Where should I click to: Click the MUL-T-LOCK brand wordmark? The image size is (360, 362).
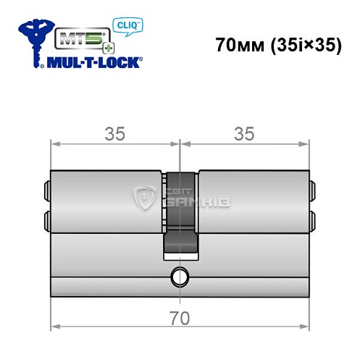[94, 62]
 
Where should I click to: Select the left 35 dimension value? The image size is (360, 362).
[114, 133]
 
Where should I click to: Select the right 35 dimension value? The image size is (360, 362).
[244, 133]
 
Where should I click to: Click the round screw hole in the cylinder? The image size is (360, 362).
[179, 276]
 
